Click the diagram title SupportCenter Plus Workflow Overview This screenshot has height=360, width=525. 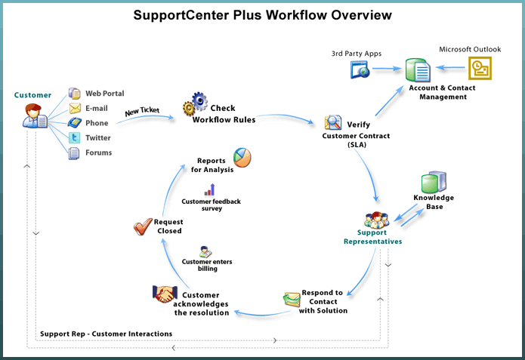263,15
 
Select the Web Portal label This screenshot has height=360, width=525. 104,94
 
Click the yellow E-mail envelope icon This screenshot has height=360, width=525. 75,108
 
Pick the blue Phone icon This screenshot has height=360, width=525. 75,123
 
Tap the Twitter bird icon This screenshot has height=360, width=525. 75,137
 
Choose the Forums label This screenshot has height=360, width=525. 98,152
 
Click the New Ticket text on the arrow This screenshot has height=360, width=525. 143,111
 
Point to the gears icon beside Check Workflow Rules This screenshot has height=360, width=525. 196,103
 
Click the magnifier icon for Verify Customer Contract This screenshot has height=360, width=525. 333,122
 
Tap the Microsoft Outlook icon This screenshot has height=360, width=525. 477,69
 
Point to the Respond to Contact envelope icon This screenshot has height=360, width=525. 292,299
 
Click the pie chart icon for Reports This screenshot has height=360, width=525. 242,157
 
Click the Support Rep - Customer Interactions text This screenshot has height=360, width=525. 105,334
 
